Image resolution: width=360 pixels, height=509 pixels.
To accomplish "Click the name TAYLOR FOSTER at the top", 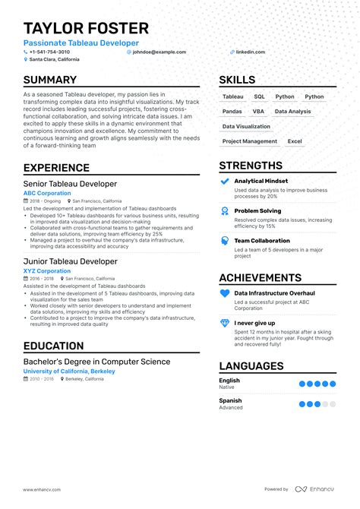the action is [86, 29].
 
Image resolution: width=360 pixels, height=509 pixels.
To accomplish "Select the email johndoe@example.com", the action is [159, 52].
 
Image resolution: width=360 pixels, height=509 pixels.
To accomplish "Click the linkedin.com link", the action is [251, 52].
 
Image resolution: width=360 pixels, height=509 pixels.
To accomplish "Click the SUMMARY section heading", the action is [49, 80].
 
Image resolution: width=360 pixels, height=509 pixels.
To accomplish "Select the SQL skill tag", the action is [259, 97].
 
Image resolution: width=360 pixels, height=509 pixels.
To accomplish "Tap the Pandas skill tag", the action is [232, 112].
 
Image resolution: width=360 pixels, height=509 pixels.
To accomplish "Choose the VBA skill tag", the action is [258, 112].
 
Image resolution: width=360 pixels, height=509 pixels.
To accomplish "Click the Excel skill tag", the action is [295, 141].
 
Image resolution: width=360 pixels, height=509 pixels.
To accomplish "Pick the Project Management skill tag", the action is [250, 141].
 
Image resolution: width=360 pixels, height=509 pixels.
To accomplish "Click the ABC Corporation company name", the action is [47, 193].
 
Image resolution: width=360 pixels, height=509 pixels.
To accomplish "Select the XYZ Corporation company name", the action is [47, 270].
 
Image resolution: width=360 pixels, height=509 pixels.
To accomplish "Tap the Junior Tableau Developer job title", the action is [70, 261].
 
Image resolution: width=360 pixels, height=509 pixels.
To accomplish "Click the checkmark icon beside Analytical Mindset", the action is [224, 182].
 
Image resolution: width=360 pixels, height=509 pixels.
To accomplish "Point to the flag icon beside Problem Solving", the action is [224, 211].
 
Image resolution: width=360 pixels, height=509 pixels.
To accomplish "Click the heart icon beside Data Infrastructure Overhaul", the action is [224, 293].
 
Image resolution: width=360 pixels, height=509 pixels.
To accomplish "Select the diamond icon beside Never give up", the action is [224, 323].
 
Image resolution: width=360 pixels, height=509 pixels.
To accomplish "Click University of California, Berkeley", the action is [69, 371].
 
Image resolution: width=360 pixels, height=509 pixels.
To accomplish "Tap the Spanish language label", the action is [230, 400].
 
